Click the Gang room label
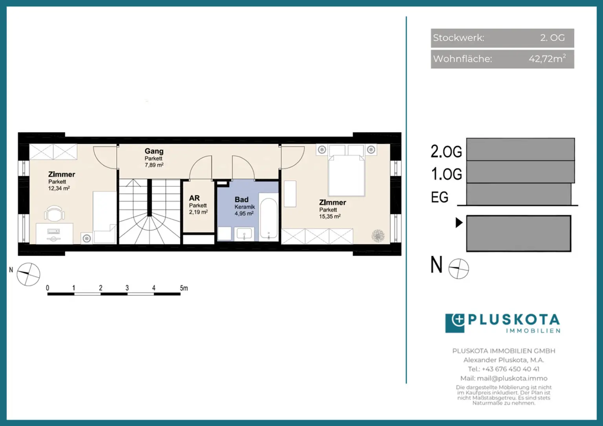(154, 151)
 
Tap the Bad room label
(241, 199)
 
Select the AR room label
(194, 198)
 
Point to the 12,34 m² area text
(59, 188)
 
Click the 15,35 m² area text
(330, 216)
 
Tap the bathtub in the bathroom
(269, 218)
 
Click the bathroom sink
(244, 234)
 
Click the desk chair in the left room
(55, 213)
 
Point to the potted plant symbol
(378, 236)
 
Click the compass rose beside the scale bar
(28, 274)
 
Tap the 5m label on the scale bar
(184, 288)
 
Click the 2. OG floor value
(552, 38)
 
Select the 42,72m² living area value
(547, 59)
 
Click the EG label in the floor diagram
(440, 197)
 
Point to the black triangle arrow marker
(459, 223)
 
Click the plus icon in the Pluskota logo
(459, 319)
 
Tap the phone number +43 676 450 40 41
(510, 369)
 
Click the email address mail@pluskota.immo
(512, 378)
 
